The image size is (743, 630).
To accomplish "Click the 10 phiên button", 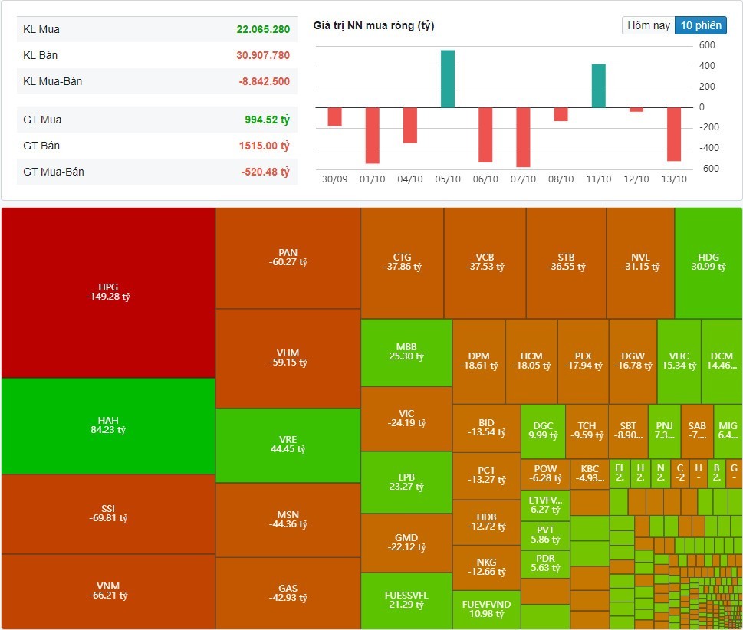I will [x=700, y=25].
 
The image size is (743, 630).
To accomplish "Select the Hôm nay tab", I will [x=649, y=25].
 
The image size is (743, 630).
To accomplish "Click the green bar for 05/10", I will [x=448, y=79].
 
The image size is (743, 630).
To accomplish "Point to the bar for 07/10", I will [x=523, y=137].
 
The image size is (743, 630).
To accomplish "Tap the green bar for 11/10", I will [x=598, y=86].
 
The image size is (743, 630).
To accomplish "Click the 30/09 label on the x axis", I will [x=335, y=179].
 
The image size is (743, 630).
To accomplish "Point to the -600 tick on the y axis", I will [x=707, y=169].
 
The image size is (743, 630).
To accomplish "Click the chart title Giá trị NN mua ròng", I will [x=373, y=26].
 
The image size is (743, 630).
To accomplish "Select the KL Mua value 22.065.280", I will [x=263, y=29].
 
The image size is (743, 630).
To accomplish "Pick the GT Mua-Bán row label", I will [x=54, y=172].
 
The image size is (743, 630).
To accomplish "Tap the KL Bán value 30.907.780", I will [x=263, y=55].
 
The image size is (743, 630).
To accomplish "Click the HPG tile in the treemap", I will [x=108, y=292].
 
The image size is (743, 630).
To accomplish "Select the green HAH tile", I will [x=108, y=425].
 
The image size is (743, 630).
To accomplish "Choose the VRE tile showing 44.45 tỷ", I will [x=288, y=445].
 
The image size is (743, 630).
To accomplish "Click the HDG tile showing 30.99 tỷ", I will [x=708, y=262].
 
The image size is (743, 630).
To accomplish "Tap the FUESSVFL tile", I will [x=406, y=600].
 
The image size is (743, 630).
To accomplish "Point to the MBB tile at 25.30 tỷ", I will [x=406, y=352].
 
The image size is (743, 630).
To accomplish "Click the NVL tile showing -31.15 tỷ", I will [x=640, y=262].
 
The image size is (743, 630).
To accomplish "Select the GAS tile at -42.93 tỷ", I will [x=288, y=593].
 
